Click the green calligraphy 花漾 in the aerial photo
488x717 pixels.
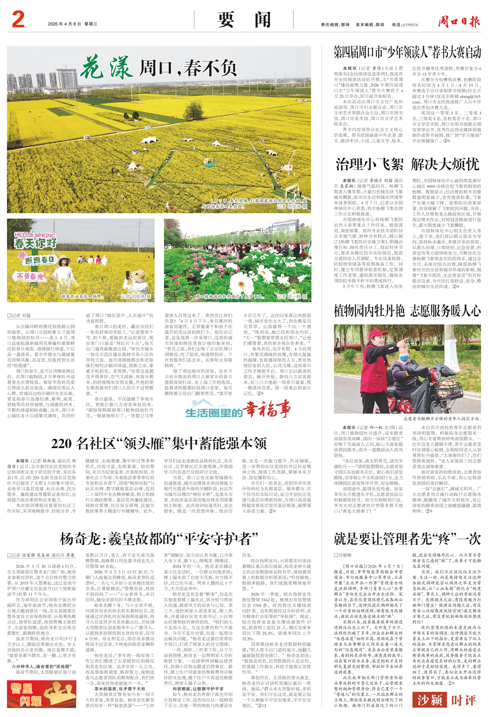click(106, 67)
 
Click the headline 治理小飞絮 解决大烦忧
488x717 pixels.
click(407, 164)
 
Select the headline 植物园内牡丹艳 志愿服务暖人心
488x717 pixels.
click(407, 311)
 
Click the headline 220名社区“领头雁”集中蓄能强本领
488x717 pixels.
click(159, 443)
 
